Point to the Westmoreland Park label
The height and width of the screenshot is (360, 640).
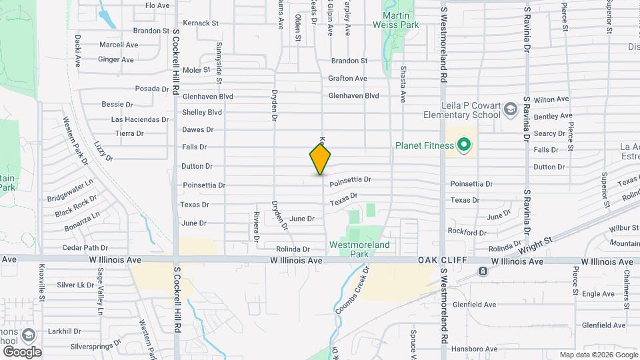(x=359, y=249)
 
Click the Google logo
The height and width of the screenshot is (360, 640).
(x=22, y=351)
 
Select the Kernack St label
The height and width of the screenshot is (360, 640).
(x=201, y=23)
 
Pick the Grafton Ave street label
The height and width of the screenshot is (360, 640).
(x=347, y=79)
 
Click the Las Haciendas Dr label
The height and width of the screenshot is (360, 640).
(x=140, y=119)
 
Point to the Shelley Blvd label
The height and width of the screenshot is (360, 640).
(x=202, y=113)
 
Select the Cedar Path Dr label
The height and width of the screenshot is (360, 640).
(x=85, y=248)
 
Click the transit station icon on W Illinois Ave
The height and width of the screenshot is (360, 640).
(x=481, y=271)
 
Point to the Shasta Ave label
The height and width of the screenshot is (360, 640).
(x=403, y=83)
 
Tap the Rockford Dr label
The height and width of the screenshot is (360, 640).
(x=467, y=232)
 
